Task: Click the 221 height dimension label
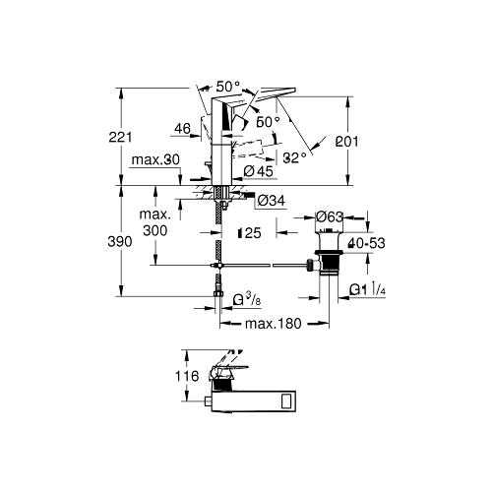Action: [x=120, y=137]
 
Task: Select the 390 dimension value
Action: [x=120, y=242]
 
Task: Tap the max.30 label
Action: [x=155, y=160]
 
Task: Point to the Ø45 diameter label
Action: [x=259, y=171]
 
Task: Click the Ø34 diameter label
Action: [x=271, y=201]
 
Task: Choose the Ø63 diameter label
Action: [x=329, y=216]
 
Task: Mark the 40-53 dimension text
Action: [x=367, y=243]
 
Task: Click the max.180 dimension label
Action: [x=273, y=324]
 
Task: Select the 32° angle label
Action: [x=295, y=158]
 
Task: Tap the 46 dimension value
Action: [x=182, y=129]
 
